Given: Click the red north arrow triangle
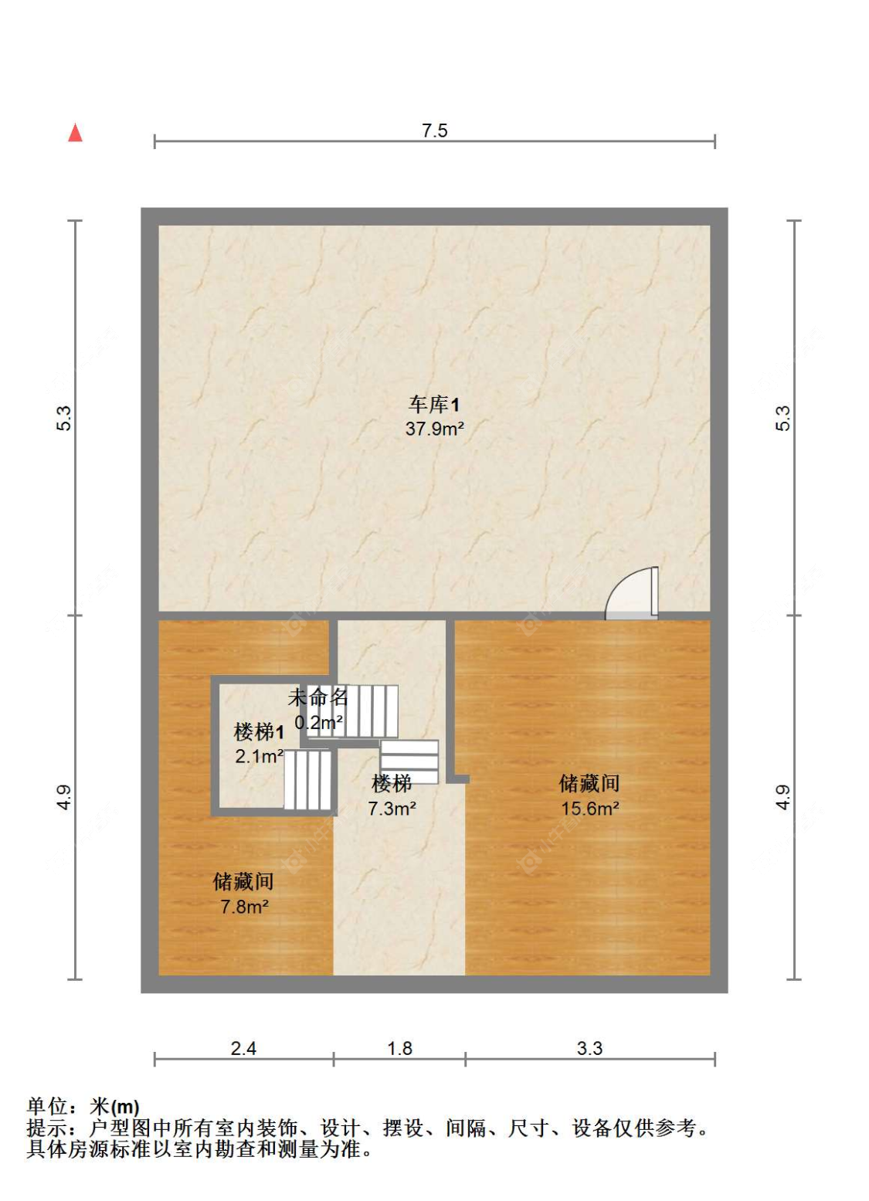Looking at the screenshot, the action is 76,133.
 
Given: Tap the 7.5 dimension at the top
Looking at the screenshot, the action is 434,131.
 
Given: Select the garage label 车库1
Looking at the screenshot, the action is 434,405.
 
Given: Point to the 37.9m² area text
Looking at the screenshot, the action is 434,429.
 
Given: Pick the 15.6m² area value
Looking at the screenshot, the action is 590,808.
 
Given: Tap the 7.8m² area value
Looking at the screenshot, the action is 244,907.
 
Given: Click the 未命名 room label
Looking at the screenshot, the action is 318,697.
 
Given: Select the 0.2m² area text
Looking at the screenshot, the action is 319,722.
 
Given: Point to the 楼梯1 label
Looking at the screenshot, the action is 259,732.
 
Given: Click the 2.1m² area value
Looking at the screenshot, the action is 260,756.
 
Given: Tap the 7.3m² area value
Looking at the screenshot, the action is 392,808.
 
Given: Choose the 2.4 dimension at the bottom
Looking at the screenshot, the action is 244,1048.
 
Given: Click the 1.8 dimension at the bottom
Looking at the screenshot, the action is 400,1048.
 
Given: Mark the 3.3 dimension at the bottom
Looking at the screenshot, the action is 589,1048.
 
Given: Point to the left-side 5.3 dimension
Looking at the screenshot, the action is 64,418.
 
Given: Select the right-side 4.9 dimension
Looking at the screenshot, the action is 783,797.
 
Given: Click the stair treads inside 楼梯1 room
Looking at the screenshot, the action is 307,779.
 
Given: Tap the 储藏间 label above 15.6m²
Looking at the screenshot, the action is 589,783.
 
